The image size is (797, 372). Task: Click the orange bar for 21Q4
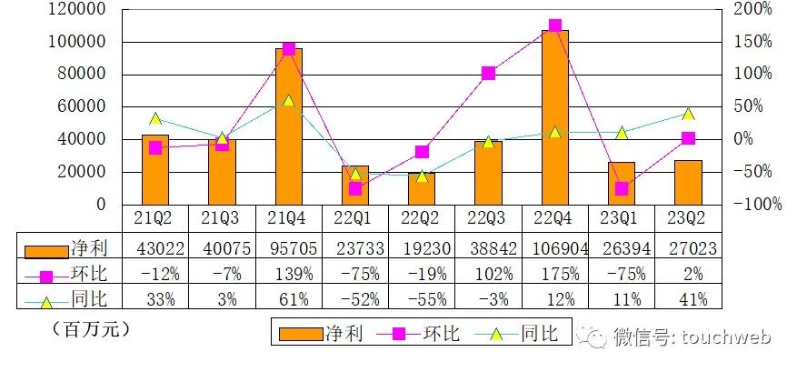[288, 127]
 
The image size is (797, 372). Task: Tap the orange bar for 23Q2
[688, 182]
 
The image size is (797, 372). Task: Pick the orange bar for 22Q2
[422, 188]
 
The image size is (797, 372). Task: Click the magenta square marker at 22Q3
[488, 73]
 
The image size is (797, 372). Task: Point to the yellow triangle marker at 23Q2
[688, 114]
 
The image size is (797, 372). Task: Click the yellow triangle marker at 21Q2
[155, 118]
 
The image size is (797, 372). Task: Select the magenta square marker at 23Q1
[622, 188]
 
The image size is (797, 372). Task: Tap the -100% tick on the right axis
[758, 205]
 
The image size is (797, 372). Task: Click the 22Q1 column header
[355, 219]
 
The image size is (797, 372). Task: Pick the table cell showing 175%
[554, 273]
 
